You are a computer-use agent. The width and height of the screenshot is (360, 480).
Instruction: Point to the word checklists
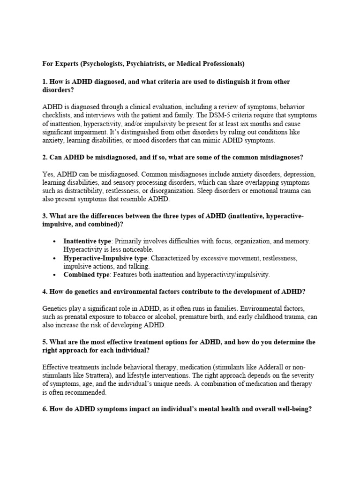58,115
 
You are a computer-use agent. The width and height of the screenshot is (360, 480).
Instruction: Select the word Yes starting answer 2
48,174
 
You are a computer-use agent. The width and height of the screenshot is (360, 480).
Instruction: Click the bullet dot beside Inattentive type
55,241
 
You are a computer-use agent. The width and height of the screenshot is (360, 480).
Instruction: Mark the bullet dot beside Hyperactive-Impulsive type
55,258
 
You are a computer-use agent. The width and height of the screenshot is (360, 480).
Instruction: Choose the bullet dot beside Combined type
55,275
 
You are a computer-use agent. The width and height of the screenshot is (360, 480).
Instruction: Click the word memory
298,241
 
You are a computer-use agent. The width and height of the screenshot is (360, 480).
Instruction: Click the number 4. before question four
45,292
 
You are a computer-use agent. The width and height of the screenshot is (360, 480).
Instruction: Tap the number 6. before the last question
45,409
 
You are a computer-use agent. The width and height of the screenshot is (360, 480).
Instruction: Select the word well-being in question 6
292,409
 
